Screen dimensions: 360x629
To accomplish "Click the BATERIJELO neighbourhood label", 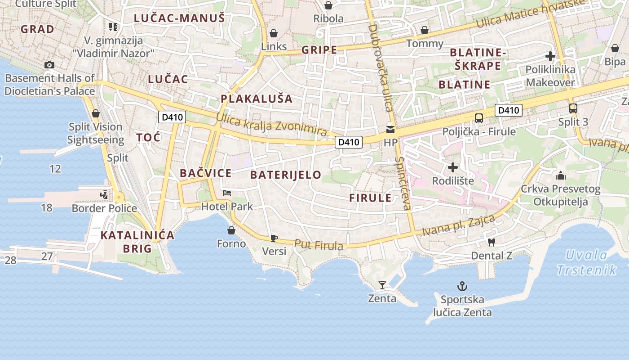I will [x=286, y=175].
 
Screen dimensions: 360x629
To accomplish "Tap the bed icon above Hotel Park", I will [x=227, y=193].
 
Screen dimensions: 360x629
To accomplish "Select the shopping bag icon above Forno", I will [x=231, y=230].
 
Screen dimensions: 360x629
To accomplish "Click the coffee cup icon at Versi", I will [x=274, y=238].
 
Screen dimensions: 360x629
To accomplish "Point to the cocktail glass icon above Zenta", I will [x=382, y=285].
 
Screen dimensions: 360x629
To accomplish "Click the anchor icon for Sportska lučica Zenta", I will [x=462, y=286].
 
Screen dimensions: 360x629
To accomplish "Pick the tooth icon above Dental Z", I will [x=491, y=242].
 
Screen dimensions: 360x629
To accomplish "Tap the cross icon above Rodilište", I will [x=453, y=167].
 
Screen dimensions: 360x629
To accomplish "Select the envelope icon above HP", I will [x=390, y=130].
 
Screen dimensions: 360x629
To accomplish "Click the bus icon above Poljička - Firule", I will [x=479, y=118].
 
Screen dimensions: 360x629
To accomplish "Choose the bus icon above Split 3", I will [x=573, y=108].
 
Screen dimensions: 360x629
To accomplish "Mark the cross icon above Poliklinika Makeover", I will [x=550, y=56].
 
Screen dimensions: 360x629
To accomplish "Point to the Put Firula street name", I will [x=319, y=244].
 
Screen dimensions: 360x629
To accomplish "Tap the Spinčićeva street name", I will [x=403, y=184].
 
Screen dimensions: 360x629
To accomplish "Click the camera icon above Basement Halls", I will [x=49, y=65].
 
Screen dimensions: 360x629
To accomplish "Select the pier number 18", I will [x=47, y=207].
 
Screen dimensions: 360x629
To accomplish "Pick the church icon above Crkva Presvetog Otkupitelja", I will [x=560, y=175].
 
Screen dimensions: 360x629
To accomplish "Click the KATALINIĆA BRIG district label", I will [x=137, y=242].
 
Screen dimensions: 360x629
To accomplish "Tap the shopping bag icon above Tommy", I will [x=425, y=30].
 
